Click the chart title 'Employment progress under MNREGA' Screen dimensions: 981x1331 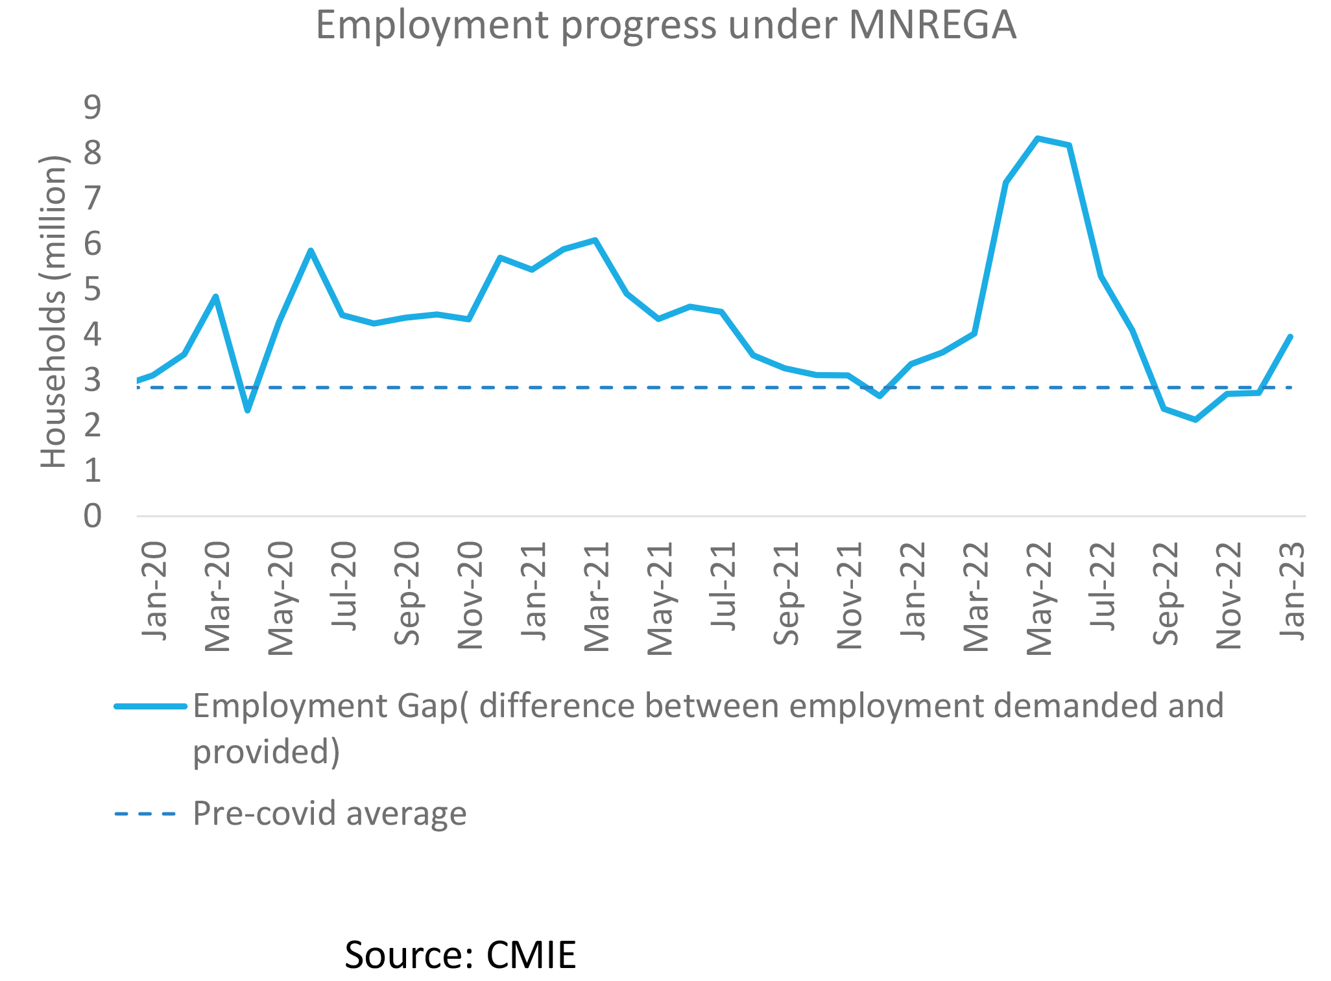(x=665, y=26)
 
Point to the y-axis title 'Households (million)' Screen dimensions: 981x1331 (x=54, y=311)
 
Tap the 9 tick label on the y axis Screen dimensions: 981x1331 (x=93, y=107)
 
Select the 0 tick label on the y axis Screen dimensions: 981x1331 (x=93, y=517)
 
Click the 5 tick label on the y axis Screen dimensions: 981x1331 (x=93, y=289)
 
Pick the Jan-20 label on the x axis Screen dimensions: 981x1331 (x=154, y=591)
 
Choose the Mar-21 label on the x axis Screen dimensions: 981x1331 (x=597, y=597)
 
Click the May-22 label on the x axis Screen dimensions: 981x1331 (x=1039, y=598)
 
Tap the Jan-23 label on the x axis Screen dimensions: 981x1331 (x=1292, y=591)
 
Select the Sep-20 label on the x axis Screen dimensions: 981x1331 (x=407, y=594)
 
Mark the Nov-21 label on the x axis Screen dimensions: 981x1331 (x=850, y=595)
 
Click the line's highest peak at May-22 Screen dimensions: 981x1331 (x=1038, y=138)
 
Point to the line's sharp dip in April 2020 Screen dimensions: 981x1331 (x=247, y=410)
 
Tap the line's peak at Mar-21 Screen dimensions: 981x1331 (x=595, y=241)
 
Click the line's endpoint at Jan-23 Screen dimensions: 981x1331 (x=1290, y=337)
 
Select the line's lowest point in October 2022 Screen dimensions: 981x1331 (x=1195, y=420)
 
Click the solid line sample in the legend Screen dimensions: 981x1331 (x=150, y=706)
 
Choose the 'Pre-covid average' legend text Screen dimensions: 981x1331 (x=330, y=813)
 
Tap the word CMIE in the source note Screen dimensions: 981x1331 (x=531, y=955)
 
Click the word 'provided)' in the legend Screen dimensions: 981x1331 (x=267, y=752)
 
